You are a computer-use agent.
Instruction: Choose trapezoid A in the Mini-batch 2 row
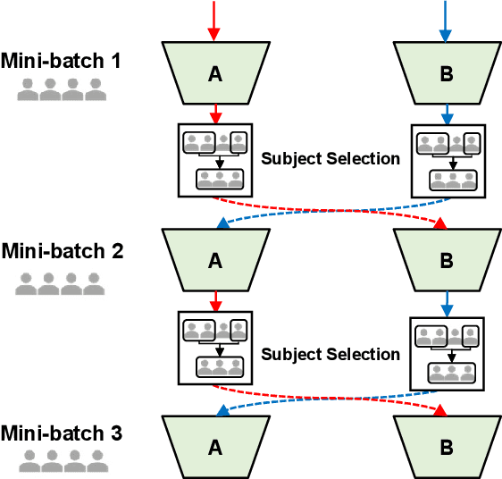click(x=214, y=260)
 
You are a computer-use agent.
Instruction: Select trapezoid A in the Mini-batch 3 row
click(x=214, y=447)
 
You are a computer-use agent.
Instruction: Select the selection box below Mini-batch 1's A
click(x=214, y=159)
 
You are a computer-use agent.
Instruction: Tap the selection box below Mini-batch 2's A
click(x=214, y=349)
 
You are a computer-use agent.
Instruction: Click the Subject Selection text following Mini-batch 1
click(x=330, y=159)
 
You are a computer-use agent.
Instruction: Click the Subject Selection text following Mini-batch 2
click(x=330, y=354)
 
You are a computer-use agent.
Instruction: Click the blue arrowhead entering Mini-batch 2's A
click(x=222, y=223)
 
